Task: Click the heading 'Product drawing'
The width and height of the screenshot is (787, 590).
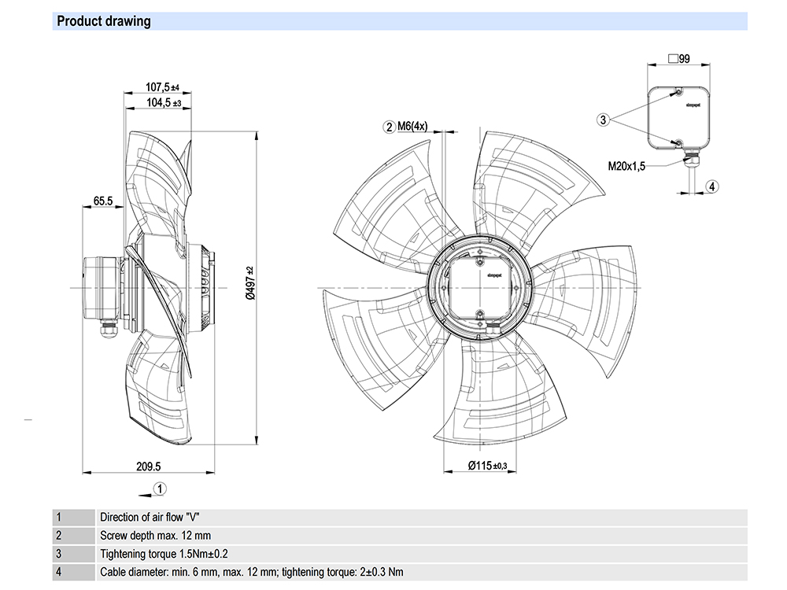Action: (103, 21)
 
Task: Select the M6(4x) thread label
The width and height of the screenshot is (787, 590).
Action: (412, 126)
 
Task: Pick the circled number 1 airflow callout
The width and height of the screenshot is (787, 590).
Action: (159, 489)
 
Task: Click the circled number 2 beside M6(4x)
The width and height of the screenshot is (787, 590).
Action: (389, 126)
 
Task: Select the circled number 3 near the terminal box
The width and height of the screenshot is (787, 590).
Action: (603, 120)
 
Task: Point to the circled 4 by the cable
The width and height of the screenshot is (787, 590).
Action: (711, 186)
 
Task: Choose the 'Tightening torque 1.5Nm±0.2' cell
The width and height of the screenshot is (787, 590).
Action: (164, 554)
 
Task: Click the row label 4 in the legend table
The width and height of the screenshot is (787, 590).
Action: (58, 572)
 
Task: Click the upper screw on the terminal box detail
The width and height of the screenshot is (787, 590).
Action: (679, 92)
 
